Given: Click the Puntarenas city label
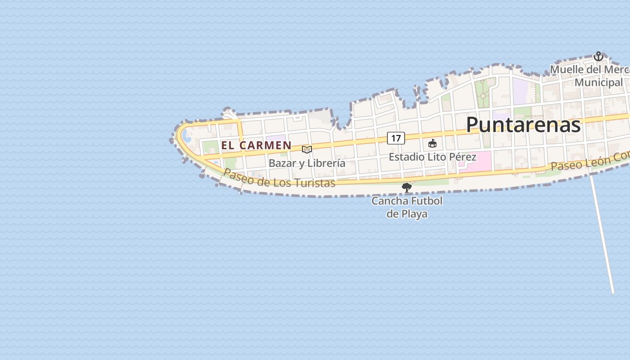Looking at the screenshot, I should [x=523, y=124].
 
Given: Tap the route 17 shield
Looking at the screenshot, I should [x=396, y=138].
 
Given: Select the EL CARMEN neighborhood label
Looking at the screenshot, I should [x=256, y=145].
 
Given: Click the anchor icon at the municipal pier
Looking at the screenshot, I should [x=598, y=56].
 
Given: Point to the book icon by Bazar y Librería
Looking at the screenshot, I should [x=307, y=149].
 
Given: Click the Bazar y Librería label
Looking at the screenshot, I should [x=307, y=163].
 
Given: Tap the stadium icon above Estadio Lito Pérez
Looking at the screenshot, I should [x=432, y=144].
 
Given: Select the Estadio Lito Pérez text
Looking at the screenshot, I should [x=432, y=157].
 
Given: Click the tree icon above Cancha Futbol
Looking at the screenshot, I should [x=407, y=187].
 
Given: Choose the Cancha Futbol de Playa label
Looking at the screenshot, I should [x=407, y=207].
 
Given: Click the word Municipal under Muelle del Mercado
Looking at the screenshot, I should [x=598, y=83].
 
